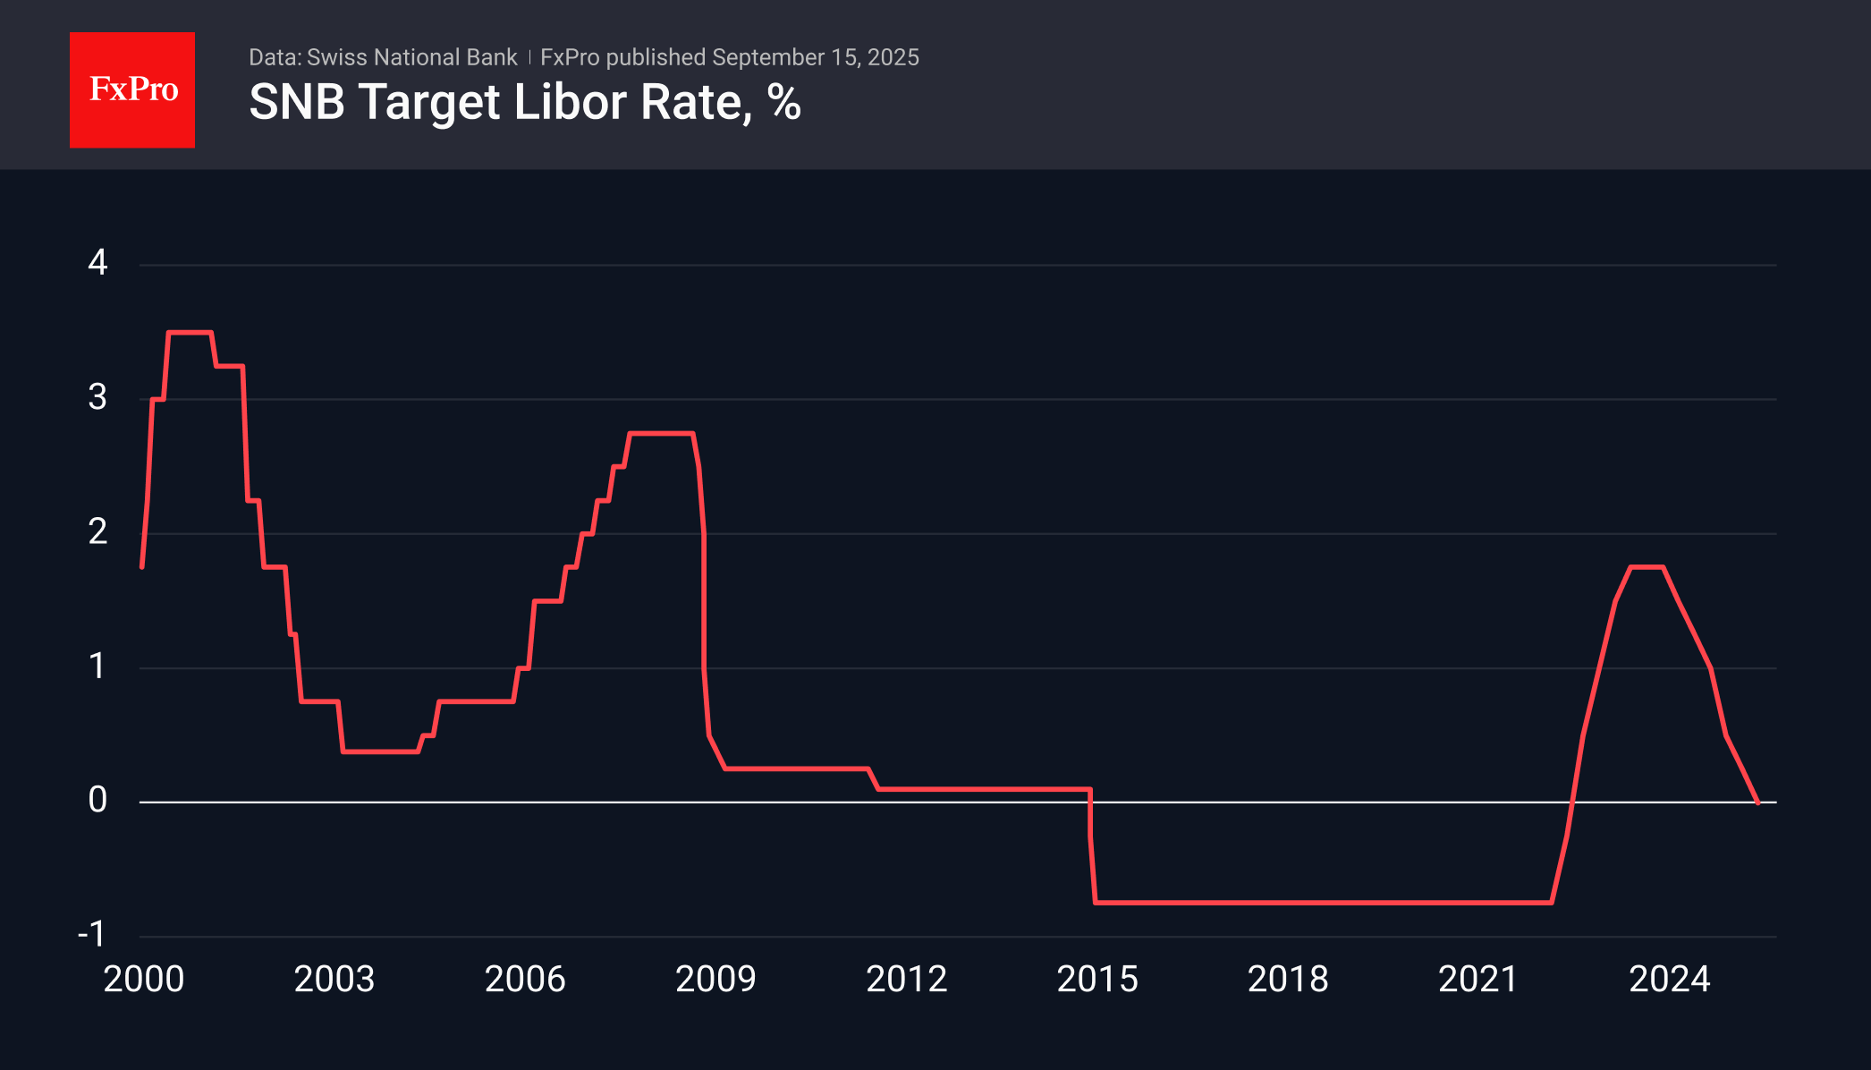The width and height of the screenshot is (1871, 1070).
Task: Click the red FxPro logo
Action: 132,89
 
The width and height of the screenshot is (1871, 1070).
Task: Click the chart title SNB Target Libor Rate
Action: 501,102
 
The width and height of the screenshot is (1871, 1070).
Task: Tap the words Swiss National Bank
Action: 411,57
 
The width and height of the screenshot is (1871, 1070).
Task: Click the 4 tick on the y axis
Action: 97,263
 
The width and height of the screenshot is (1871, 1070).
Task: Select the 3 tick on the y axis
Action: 97,397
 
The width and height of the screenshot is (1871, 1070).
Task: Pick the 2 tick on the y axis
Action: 97,532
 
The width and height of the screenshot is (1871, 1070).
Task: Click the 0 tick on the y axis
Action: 97,800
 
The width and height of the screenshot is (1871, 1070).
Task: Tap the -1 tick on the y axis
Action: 92,935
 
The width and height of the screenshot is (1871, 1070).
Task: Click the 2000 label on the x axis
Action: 144,980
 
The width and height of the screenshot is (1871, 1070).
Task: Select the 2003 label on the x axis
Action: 334,980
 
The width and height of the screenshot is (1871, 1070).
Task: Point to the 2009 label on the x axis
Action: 715,980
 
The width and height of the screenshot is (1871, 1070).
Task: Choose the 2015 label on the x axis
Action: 1097,980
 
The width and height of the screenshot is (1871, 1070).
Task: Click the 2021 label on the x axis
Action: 1478,980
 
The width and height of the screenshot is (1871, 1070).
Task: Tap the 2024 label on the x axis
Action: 1670,980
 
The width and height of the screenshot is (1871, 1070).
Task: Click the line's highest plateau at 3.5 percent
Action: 190,333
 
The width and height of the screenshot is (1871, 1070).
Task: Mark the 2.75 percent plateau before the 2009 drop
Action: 662,434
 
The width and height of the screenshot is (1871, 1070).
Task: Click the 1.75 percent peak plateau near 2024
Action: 1647,567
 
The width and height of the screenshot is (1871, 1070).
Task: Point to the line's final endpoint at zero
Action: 1757,802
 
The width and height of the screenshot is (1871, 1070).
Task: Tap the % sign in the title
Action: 784,102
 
